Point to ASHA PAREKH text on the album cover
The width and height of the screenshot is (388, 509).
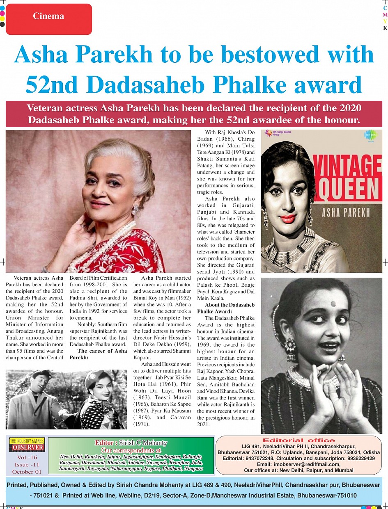tap(346, 212)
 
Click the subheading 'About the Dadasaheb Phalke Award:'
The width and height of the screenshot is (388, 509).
tap(230, 308)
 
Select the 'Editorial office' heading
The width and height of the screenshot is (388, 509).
tap(298, 440)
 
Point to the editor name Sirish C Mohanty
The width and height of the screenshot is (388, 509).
tap(131, 443)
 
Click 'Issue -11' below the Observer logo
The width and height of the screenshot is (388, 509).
tap(27, 465)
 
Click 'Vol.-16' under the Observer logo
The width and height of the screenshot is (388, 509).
tap(27, 458)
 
